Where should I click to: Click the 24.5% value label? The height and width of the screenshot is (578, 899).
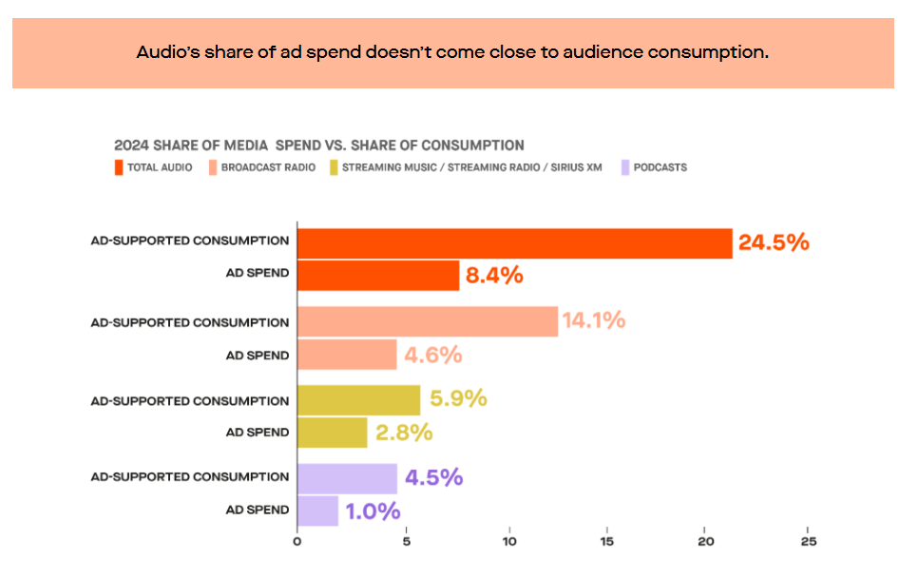coord(774,242)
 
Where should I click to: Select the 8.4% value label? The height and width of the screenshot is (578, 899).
coord(493,277)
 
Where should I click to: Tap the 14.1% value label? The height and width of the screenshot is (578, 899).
coord(594,320)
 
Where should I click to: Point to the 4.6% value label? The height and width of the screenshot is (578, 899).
coord(432,355)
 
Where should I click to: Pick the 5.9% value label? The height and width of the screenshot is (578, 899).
coord(458,398)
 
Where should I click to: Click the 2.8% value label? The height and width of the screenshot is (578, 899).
coord(404,433)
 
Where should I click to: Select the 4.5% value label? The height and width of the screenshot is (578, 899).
coord(433,476)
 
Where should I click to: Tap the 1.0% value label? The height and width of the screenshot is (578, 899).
coord(373,511)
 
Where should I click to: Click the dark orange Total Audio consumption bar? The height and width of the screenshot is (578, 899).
coord(514,243)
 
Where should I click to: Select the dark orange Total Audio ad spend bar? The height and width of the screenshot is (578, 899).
coord(378,277)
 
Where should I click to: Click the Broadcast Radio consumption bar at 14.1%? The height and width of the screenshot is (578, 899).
coord(427,321)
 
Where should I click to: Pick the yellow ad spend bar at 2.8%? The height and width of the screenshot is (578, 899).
coord(332,433)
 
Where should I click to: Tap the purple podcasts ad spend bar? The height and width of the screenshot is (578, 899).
coord(317,511)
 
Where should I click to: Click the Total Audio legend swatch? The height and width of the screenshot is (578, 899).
coord(119,167)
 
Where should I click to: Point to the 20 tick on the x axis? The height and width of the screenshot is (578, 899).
coord(704,543)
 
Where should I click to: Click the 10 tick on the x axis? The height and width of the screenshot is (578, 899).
coord(509,543)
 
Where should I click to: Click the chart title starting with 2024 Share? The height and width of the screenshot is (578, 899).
coord(318,145)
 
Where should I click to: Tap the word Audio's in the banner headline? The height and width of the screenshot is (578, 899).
coord(168,52)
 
